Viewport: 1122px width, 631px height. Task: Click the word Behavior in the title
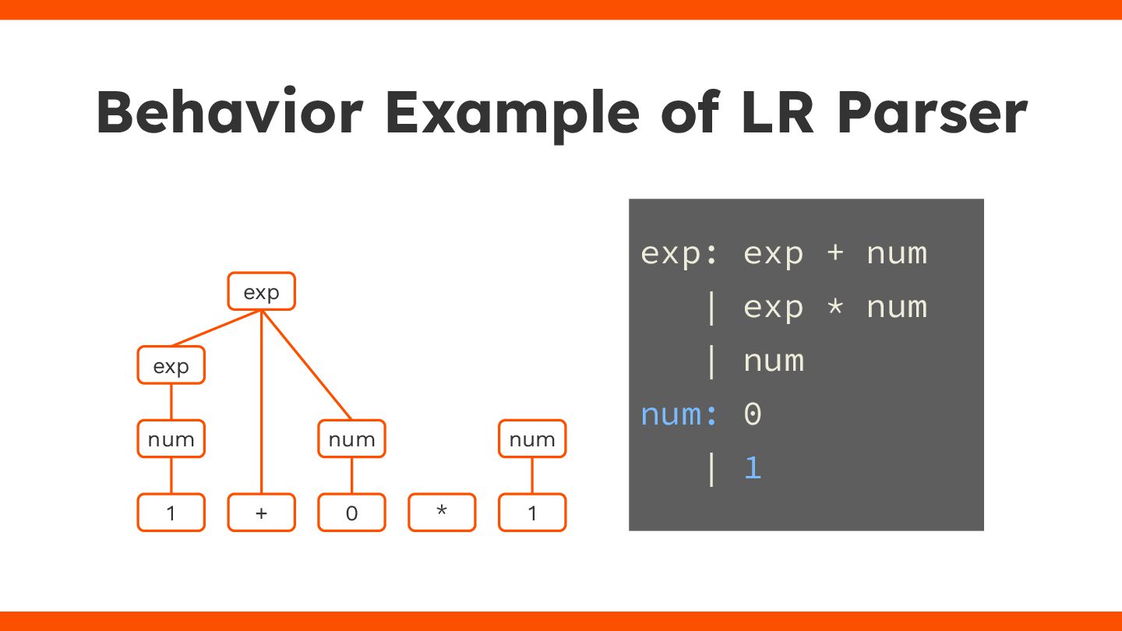click(230, 113)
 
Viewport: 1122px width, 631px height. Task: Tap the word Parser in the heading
click(932, 113)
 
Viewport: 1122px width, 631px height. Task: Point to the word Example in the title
click(513, 113)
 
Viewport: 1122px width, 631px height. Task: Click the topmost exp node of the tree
click(261, 291)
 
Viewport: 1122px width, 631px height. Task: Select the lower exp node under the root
click(171, 365)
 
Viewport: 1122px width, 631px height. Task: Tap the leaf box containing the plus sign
click(261, 513)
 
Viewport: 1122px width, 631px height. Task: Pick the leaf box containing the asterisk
click(442, 513)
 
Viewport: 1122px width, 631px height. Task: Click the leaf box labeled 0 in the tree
click(351, 513)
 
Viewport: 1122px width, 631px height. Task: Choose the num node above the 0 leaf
click(351, 439)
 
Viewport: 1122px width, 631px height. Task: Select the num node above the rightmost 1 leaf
click(532, 439)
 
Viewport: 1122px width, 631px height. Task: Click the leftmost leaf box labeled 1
click(171, 513)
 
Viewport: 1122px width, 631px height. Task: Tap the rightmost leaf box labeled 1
click(532, 513)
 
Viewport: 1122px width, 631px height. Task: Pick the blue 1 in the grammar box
click(752, 468)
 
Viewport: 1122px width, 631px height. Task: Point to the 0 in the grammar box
click(752, 414)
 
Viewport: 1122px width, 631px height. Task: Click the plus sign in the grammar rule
click(834, 253)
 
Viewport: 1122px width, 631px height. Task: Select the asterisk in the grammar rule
click(834, 306)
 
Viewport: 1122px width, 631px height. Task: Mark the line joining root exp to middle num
click(306, 365)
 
